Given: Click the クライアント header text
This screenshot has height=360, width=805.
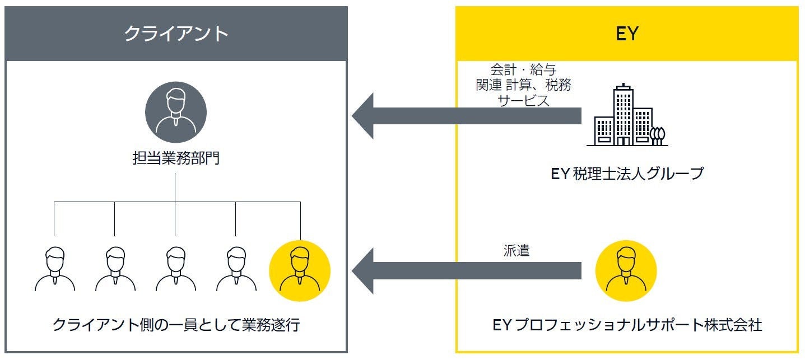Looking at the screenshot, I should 175,34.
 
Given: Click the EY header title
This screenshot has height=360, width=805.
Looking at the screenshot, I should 626,34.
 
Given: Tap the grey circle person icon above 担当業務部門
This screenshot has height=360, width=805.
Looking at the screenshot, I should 176,112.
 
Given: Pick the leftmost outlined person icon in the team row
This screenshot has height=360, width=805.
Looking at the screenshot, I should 54,270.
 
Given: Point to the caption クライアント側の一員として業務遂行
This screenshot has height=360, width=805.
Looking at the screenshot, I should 176,325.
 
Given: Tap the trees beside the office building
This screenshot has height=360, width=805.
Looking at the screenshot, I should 658,135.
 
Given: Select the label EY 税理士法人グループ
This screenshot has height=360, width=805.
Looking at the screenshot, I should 626,174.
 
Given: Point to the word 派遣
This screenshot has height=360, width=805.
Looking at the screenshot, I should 516,251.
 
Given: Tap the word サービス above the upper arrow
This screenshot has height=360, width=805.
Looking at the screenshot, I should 524,101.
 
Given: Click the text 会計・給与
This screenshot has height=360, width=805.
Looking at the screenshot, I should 524,70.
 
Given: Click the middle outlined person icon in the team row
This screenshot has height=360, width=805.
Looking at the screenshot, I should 175,270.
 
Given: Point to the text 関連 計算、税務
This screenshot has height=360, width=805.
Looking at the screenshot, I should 524,86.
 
